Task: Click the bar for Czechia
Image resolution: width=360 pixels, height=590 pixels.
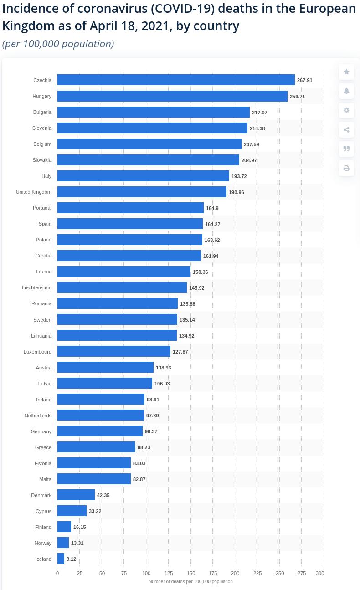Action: (x=176, y=80)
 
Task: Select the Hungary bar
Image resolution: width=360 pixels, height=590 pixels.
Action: (x=172, y=96)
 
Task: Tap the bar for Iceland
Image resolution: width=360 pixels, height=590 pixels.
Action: (x=61, y=559)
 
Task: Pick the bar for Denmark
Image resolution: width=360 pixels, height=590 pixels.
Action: (x=76, y=495)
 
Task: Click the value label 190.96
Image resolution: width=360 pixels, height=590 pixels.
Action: (x=236, y=192)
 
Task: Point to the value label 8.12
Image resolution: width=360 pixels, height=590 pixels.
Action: (x=71, y=559)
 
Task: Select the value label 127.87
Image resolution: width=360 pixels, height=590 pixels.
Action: (x=180, y=352)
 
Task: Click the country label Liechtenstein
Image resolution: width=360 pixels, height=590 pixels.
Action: (x=36, y=287)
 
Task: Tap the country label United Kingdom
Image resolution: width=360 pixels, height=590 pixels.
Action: (x=33, y=192)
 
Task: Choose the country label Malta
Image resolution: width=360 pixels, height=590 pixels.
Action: (x=45, y=479)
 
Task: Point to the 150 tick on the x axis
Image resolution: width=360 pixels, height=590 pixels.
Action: (x=191, y=573)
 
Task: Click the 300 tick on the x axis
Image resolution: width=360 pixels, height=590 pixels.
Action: (x=320, y=573)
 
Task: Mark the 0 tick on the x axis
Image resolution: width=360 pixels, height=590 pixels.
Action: (x=57, y=573)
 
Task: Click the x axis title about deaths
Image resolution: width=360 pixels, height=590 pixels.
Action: (x=190, y=581)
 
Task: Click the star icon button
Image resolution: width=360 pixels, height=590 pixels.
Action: (x=346, y=72)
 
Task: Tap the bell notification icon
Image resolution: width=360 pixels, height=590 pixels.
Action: (x=346, y=91)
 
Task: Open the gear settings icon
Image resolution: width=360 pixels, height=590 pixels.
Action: (x=346, y=110)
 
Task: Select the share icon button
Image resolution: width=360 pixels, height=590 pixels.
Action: (x=346, y=130)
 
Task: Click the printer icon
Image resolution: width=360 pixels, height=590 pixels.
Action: (x=346, y=168)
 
